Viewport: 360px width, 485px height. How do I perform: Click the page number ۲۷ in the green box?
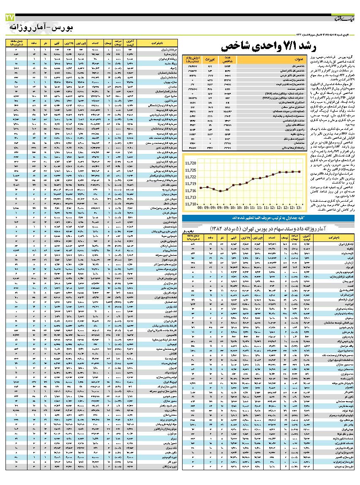(10, 18)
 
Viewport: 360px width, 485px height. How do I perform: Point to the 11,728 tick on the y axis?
(191, 163)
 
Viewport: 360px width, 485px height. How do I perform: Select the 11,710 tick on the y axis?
(191, 204)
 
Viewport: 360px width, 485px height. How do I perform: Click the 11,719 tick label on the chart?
(191, 184)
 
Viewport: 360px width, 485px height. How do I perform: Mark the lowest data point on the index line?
(220, 191)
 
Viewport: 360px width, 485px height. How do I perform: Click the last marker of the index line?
(300, 171)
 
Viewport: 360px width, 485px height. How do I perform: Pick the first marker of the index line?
(201, 187)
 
